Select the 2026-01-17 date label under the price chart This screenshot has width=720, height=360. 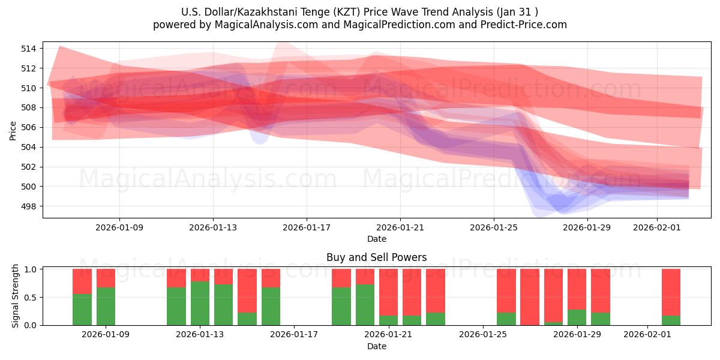coord(307,227)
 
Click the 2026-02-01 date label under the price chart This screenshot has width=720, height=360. coord(657,227)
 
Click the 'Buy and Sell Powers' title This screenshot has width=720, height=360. coord(377,257)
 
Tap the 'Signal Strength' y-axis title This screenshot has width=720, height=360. coord(16,296)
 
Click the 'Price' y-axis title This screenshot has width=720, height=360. coord(13,130)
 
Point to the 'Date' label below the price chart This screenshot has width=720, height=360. coord(377,239)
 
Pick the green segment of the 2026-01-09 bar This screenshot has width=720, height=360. coord(106,307)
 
